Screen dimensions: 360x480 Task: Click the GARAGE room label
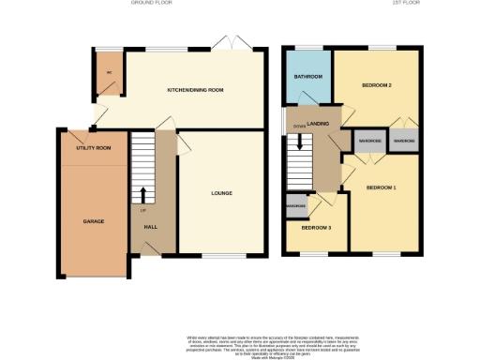(93, 221)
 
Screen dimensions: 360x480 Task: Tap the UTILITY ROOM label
(93, 148)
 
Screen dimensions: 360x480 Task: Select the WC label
(109, 72)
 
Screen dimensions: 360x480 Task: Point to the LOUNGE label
(221, 193)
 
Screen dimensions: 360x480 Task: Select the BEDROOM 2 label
(376, 85)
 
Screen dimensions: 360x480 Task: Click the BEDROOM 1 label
(381, 188)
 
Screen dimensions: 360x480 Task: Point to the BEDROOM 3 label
(316, 228)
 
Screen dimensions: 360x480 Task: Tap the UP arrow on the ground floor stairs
(143, 194)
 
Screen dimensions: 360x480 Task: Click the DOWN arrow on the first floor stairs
(301, 142)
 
